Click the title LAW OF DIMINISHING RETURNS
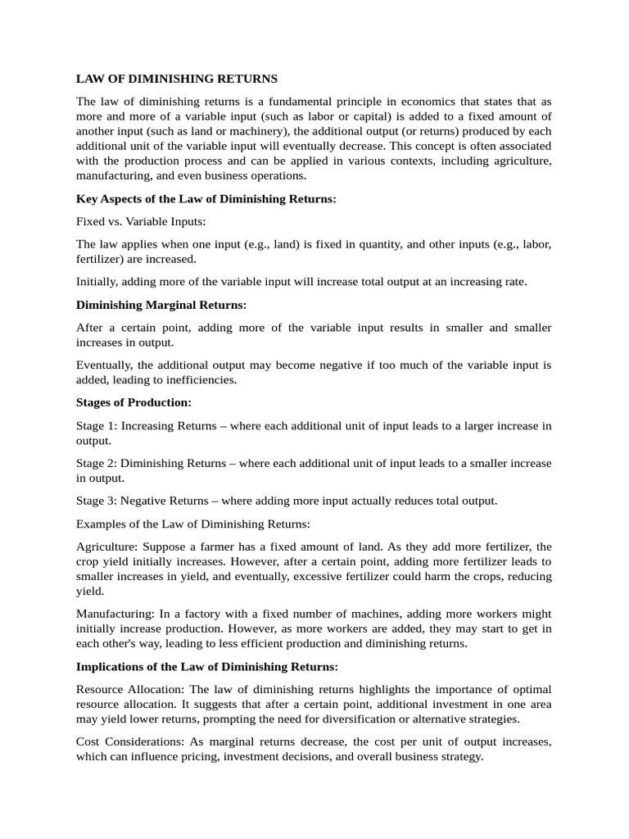177,79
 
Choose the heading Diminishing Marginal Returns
161,305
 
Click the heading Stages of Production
133,402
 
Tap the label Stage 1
95,425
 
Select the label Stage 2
95,463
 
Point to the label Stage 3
95,501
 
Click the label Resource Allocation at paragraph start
132,689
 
